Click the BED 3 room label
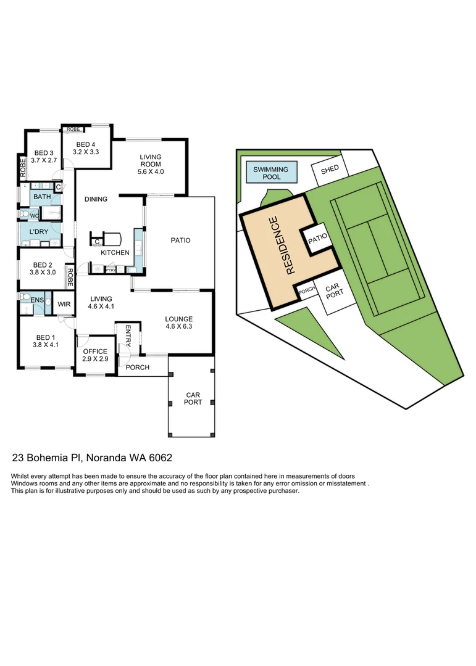[x=44, y=153]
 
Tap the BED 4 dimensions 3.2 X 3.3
[x=86, y=151]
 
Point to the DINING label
[x=96, y=199]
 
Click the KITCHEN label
[x=115, y=253]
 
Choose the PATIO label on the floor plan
[x=180, y=240]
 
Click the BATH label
[x=42, y=197]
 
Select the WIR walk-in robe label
[x=64, y=304]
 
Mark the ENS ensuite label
[x=37, y=300]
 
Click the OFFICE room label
[x=95, y=351]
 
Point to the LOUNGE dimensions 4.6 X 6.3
[x=179, y=327]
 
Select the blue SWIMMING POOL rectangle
[x=270, y=173]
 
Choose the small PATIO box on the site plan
[x=316, y=237]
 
